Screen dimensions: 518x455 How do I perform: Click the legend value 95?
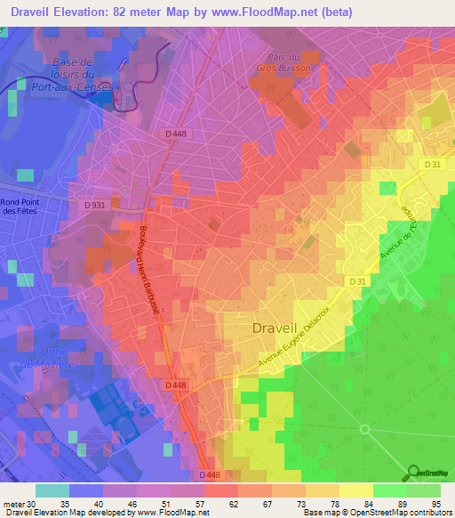436,502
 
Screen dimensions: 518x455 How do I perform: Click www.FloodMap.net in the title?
260,12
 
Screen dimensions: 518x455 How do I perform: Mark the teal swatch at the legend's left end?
52,490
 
